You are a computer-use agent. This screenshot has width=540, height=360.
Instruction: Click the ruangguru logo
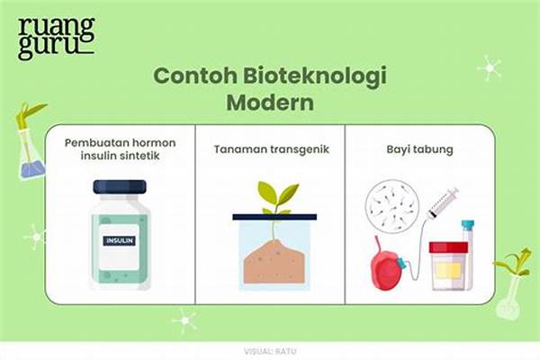tap(56, 37)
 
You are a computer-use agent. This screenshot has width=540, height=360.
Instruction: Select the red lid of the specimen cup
tap(448, 247)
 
